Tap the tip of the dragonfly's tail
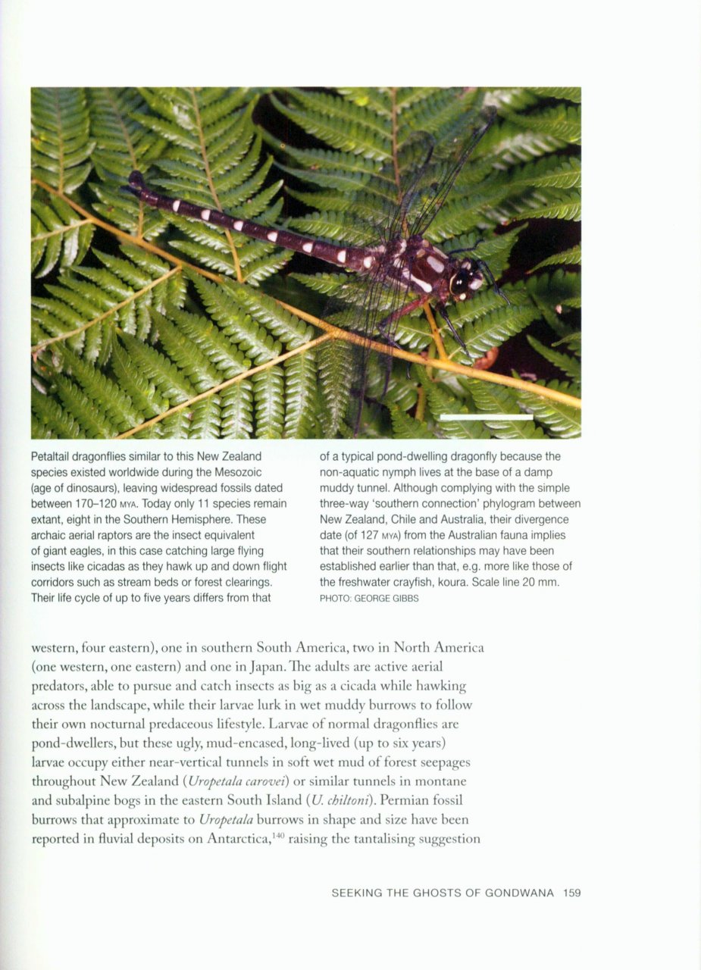click(x=136, y=179)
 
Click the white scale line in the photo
click(x=486, y=417)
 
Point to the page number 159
click(x=571, y=893)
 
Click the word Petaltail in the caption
click(x=55, y=457)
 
